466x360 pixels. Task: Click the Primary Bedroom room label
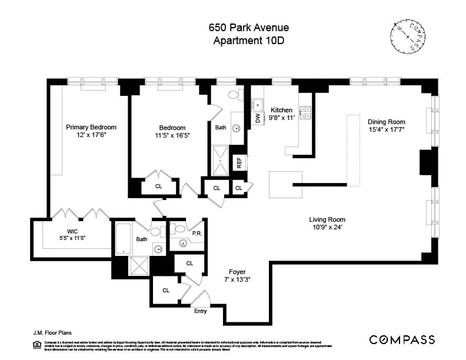[91, 127]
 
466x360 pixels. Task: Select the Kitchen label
[281, 110]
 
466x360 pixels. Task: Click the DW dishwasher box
[258, 118]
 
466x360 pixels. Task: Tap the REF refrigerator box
[239, 163]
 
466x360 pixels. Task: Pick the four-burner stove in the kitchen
[305, 112]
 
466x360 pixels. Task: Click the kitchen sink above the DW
[258, 105]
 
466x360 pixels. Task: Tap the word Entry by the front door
[201, 311]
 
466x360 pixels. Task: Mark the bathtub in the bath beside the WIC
[124, 238]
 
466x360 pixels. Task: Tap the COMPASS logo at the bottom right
[402, 339]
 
